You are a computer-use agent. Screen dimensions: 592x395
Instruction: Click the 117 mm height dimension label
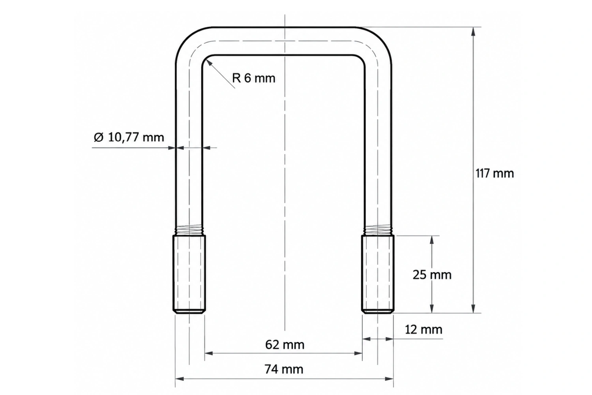(x=495, y=173)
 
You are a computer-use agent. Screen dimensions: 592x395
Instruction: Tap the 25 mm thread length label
(x=432, y=275)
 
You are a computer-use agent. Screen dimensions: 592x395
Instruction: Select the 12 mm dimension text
(x=423, y=330)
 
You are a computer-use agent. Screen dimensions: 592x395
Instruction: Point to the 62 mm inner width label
(x=285, y=345)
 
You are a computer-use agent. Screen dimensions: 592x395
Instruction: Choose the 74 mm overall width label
(x=284, y=369)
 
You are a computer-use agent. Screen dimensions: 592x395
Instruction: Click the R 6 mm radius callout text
(x=254, y=78)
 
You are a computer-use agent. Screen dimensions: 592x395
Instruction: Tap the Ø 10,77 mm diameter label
(x=129, y=137)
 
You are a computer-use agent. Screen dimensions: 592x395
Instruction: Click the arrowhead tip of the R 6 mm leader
(x=206, y=60)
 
